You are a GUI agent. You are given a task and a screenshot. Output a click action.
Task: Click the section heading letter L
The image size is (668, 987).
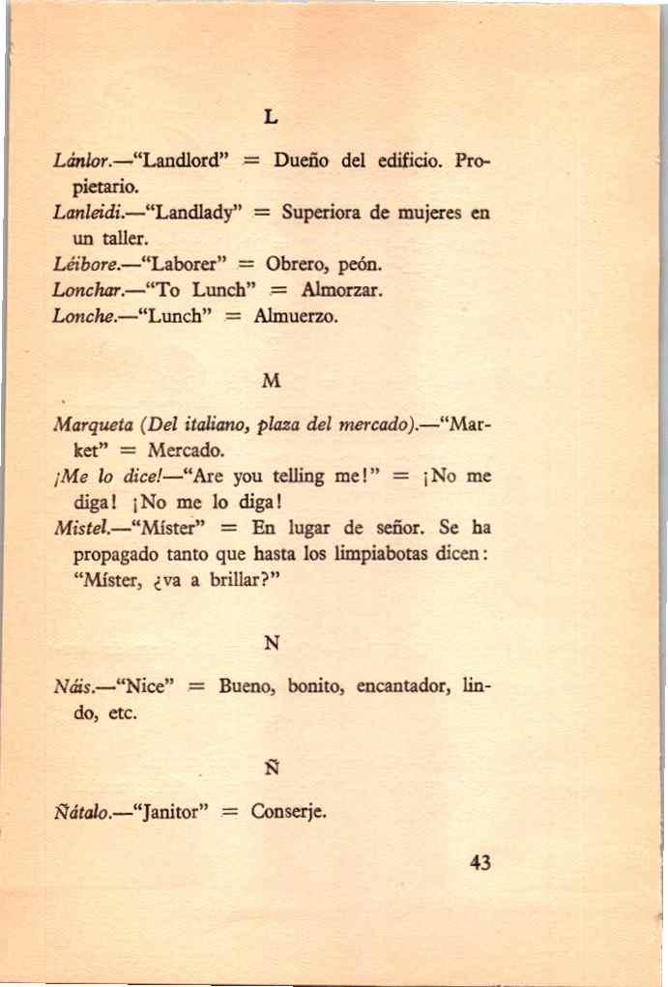pos(271,117)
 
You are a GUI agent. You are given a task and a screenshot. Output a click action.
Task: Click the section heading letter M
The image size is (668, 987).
pos(271,381)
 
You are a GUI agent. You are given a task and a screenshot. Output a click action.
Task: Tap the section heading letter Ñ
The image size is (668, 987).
pos(271,769)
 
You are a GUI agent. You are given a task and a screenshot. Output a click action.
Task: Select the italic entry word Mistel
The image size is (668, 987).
pos(80,529)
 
